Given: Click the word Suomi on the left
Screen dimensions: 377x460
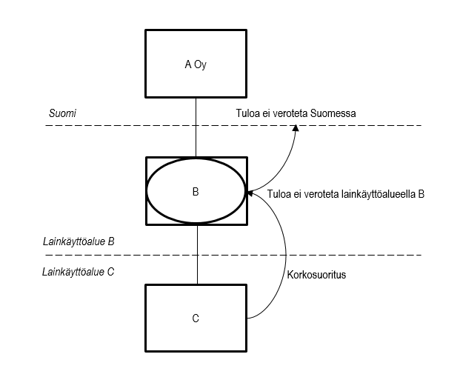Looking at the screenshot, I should pos(62,113).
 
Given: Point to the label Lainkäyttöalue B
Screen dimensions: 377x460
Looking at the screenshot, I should pos(79,241).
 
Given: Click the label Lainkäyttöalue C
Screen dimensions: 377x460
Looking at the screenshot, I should pos(79,272).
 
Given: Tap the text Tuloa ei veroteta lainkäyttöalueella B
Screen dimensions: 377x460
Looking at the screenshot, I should pos(345,194).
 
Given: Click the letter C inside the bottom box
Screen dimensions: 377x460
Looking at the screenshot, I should pos(196,318).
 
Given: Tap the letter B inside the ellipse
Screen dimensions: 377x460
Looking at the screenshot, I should pos(196,193).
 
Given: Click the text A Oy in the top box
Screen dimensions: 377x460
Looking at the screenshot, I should pos(195,64).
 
